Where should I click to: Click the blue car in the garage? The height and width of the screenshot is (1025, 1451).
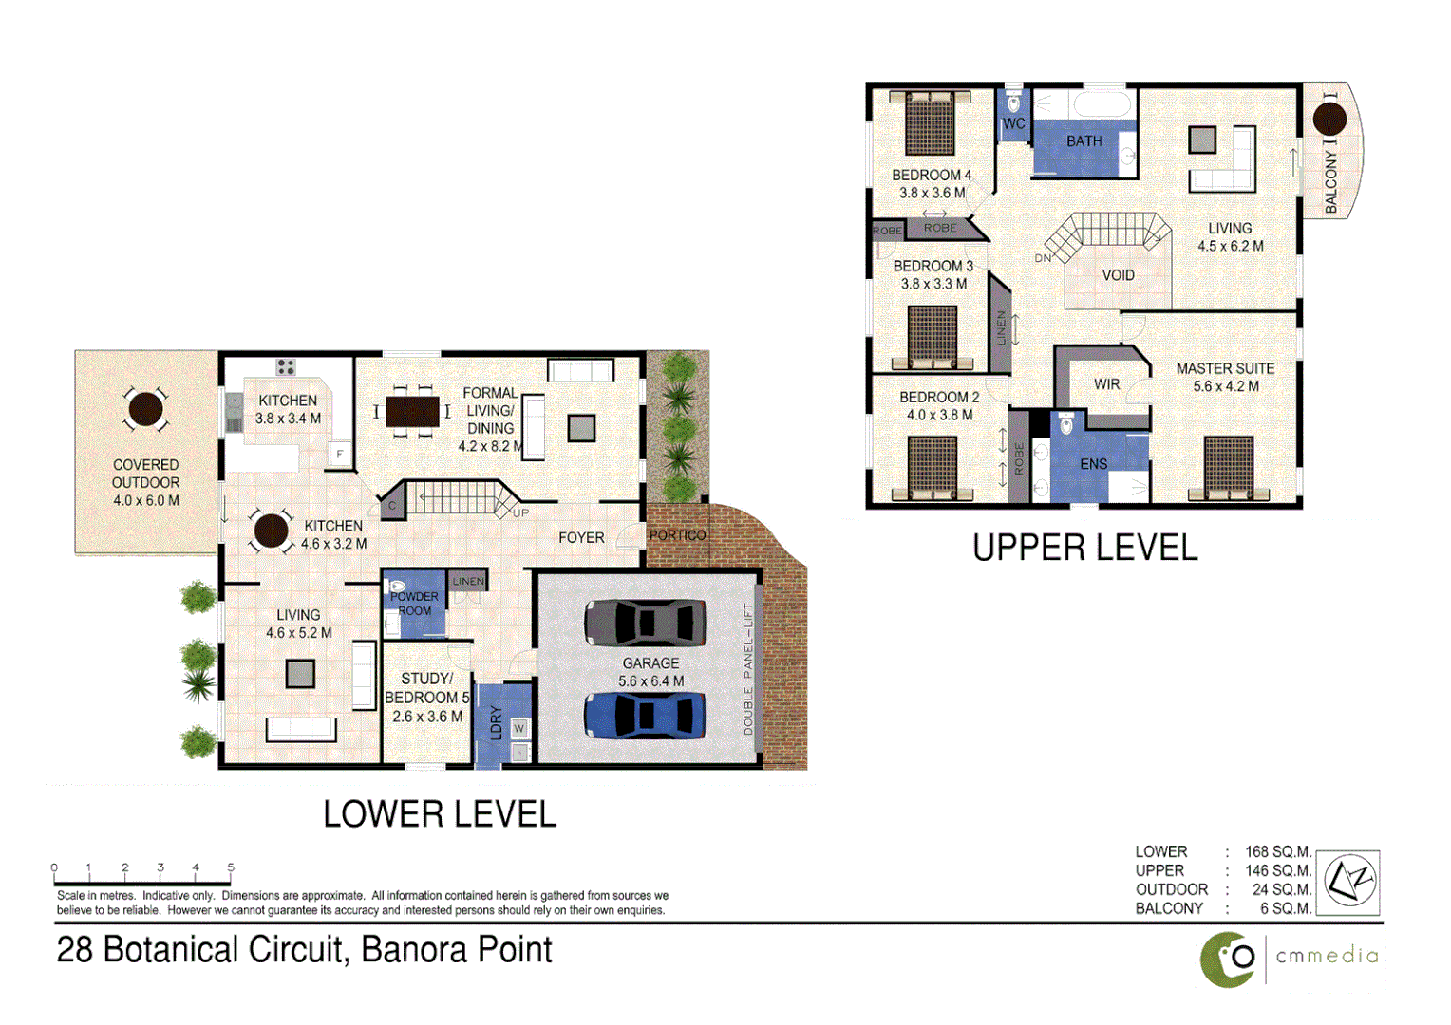coord(645,715)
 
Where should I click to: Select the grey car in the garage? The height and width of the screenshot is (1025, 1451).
coord(645,623)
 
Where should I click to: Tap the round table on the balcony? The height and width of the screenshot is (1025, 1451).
coord(1329,119)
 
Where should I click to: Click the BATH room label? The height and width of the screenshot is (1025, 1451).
coord(1084,141)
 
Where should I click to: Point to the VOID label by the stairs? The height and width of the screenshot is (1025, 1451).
coord(1118,275)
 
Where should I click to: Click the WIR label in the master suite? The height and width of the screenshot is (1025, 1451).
coord(1106,384)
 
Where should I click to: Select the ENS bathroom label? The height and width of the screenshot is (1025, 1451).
coord(1093,464)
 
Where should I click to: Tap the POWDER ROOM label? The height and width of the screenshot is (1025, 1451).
coord(414,604)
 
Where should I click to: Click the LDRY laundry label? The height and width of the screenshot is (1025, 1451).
coord(495,722)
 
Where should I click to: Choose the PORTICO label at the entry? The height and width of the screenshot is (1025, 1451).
coord(677,535)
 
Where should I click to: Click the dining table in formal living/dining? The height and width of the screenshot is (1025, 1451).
coord(412,411)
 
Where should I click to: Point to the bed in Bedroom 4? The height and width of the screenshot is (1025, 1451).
coord(930,123)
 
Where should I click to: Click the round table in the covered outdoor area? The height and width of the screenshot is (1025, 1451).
coord(145,409)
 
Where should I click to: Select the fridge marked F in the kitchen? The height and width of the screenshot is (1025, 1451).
coord(339,455)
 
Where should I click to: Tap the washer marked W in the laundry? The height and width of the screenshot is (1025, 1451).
coord(519,728)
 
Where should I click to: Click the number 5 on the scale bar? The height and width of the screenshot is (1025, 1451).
coord(231,867)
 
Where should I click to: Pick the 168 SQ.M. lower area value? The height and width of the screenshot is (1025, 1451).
coord(1277,852)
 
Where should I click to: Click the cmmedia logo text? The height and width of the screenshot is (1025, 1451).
coord(1327,956)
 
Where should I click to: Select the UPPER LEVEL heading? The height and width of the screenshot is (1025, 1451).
coord(1084,549)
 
